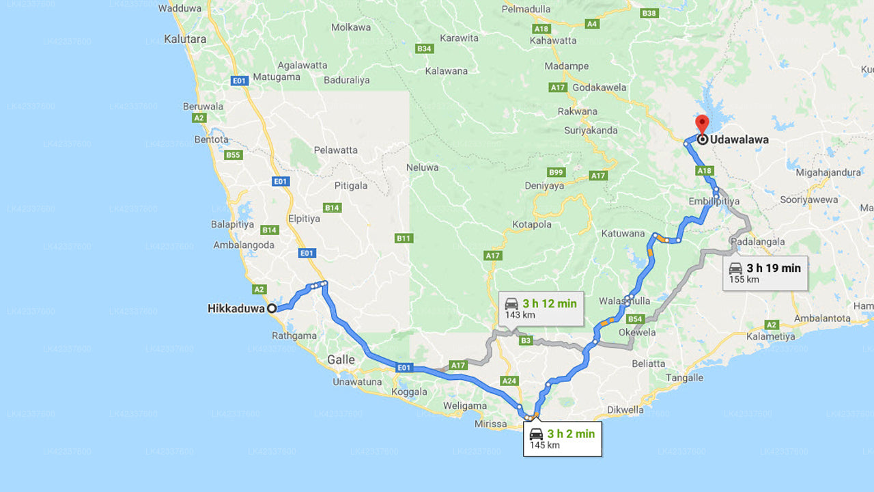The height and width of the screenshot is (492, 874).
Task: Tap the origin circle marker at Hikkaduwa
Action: click(x=272, y=308)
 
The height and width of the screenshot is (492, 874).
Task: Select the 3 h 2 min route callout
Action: click(x=562, y=439)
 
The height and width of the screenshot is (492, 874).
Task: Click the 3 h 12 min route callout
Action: click(x=540, y=308)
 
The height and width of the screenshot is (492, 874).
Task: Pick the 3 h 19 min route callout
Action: click(x=765, y=273)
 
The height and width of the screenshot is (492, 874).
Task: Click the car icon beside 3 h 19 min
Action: click(x=735, y=268)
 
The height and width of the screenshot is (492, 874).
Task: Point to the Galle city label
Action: click(x=341, y=359)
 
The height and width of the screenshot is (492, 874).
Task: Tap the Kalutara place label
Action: click(x=184, y=39)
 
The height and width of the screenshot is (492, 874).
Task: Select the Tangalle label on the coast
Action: click(x=684, y=378)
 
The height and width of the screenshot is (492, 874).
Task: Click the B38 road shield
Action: click(x=649, y=13)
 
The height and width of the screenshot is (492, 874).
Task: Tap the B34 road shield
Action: click(x=424, y=49)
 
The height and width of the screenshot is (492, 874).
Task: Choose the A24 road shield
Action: click(x=509, y=381)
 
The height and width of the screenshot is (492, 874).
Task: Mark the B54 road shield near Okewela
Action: click(x=636, y=318)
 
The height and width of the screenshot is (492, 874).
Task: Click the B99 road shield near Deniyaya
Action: click(x=556, y=172)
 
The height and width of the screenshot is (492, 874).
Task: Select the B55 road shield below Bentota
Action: click(x=234, y=155)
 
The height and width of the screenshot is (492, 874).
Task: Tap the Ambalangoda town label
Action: click(x=244, y=245)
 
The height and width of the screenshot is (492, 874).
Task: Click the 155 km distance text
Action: click(x=744, y=279)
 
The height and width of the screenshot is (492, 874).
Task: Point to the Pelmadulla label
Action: click(x=526, y=9)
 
